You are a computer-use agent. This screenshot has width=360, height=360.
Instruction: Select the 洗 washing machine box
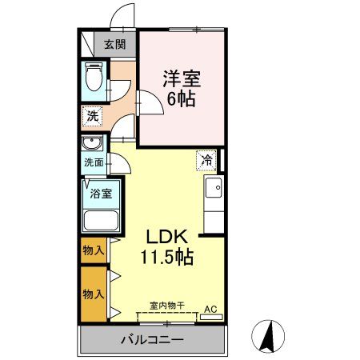pos(93,116)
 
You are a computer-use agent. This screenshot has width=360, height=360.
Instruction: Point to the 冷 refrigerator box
pos(206,159)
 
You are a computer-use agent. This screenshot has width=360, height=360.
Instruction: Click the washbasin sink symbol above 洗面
pos(92,145)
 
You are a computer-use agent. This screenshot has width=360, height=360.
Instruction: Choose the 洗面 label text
pos(94,162)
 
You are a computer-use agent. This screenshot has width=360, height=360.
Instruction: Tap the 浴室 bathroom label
pos(100,193)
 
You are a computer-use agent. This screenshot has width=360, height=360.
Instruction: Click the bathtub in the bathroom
pos(101,220)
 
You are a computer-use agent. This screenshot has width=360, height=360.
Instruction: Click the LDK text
pos(166,238)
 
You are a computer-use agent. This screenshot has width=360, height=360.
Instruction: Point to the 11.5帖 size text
pos(166,258)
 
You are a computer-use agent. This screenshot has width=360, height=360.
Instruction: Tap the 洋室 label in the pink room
pos(182,80)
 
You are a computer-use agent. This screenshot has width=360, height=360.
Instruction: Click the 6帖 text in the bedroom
pos(182,100)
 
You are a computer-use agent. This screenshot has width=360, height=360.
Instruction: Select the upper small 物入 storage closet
pos(93,250)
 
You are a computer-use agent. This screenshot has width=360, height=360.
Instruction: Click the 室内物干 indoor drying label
pos(167,306)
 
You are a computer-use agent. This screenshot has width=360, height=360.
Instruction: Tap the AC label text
pos(211,308)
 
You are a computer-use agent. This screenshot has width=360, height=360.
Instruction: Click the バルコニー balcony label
pos(153,340)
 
